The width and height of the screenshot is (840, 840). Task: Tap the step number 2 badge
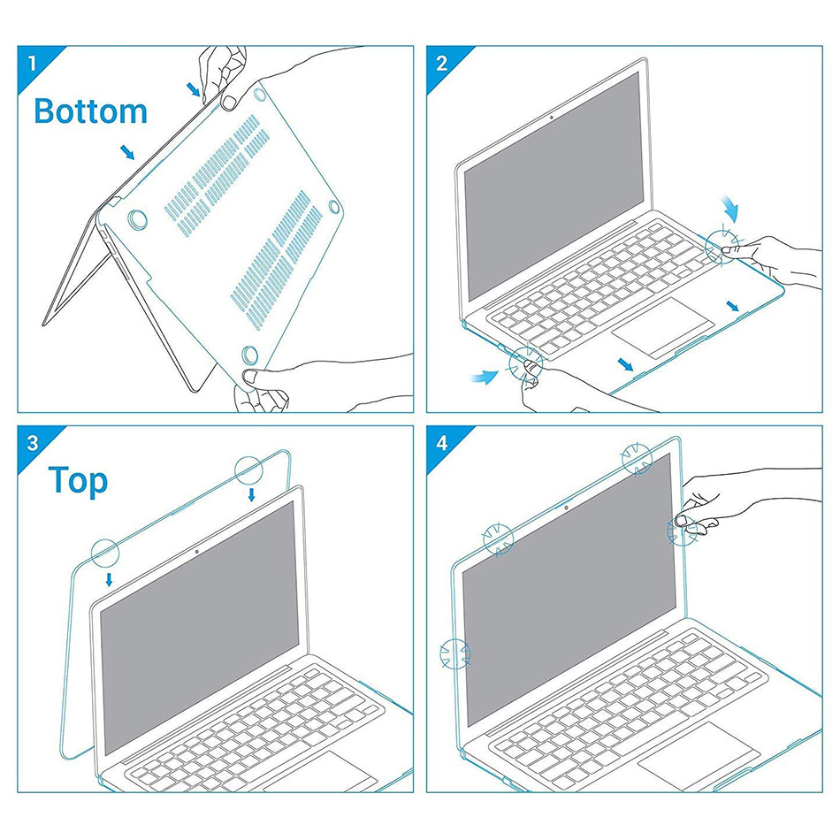pyautogui.click(x=441, y=63)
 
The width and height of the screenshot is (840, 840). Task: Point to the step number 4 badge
pyautogui.click(x=441, y=443)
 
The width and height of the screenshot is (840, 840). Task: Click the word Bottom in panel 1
pyautogui.click(x=90, y=111)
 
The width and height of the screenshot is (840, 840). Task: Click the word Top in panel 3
pyautogui.click(x=78, y=481)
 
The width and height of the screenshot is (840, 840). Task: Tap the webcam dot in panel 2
pyautogui.click(x=551, y=118)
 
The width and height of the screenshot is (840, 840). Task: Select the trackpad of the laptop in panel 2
pyautogui.click(x=662, y=327)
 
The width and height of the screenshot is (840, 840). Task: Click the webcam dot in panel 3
pyautogui.click(x=196, y=552)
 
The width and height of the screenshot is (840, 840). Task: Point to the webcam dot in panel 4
pyautogui.click(x=566, y=507)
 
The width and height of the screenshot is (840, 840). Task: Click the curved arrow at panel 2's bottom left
pyautogui.click(x=485, y=378)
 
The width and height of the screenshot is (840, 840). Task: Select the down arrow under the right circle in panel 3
pyautogui.click(x=251, y=494)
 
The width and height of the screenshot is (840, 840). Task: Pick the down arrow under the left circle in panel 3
pyautogui.click(x=110, y=579)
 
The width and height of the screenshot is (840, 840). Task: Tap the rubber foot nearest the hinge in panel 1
pyautogui.click(x=138, y=219)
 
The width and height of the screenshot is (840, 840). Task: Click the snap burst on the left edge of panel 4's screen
pyautogui.click(x=454, y=653)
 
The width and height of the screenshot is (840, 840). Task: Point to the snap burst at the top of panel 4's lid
pyautogui.click(x=637, y=459)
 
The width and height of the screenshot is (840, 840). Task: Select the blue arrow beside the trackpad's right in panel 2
pyautogui.click(x=733, y=306)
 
